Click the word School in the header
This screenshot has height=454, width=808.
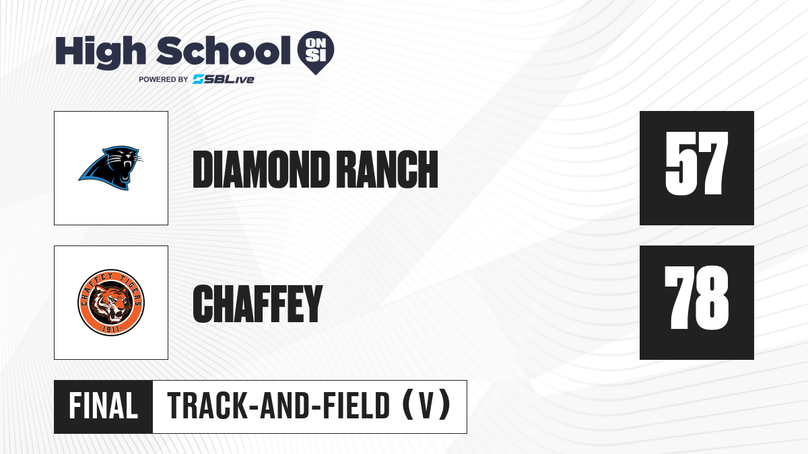224,50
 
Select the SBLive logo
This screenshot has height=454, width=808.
224,79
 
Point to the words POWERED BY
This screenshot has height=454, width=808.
163,79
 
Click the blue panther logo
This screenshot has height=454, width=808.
110,167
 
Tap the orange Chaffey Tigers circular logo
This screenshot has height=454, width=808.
111,302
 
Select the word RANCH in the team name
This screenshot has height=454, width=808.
389,169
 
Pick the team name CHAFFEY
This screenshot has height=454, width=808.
257,303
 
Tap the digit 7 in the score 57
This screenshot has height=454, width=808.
713,163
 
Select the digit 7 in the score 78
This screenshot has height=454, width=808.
679,297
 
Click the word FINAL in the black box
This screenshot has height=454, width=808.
103,406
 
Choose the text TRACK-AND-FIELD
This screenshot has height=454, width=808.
279,406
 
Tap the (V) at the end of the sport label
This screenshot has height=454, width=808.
426,406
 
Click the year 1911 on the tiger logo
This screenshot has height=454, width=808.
110,330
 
